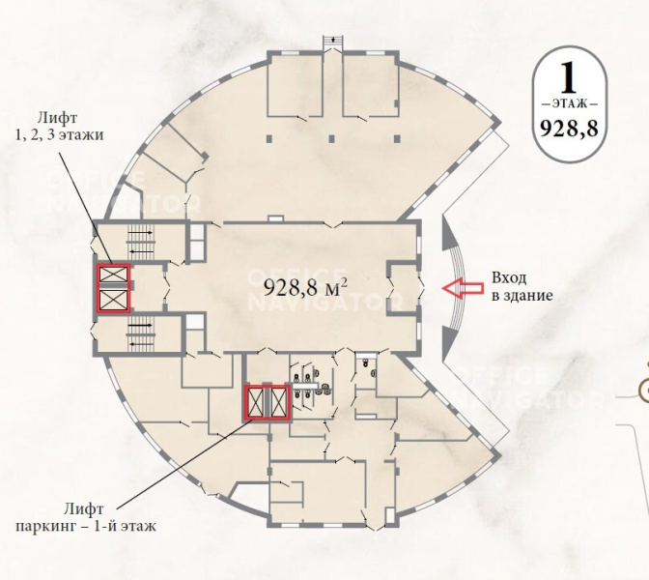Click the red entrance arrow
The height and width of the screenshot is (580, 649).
pyautogui.click(x=463, y=288)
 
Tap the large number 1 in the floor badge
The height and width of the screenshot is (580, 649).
pyautogui.click(x=568, y=78)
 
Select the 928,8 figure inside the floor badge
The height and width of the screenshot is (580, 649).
pyautogui.click(x=569, y=130)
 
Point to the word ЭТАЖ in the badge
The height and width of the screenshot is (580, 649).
pyautogui.click(x=570, y=103)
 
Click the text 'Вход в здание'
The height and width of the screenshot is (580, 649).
pyautogui.click(x=522, y=286)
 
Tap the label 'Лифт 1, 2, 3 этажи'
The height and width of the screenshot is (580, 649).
pyautogui.click(x=59, y=127)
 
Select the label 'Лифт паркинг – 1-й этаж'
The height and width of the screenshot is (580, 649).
pyautogui.click(x=86, y=517)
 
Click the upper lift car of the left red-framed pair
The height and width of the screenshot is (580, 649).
pyautogui.click(x=113, y=274)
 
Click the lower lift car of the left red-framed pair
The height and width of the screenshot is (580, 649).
pyautogui.click(x=113, y=300)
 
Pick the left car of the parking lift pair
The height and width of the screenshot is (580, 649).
pyautogui.click(x=256, y=402)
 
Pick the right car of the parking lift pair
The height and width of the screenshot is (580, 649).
pyautogui.click(x=278, y=402)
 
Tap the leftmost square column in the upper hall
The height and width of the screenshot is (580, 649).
pyautogui.click(x=269, y=138)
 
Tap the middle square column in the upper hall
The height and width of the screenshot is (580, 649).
pyautogui.click(x=331, y=138)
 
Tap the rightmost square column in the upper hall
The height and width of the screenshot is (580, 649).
pyautogui.click(x=397, y=138)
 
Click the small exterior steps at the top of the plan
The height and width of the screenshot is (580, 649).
pyautogui.click(x=333, y=42)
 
